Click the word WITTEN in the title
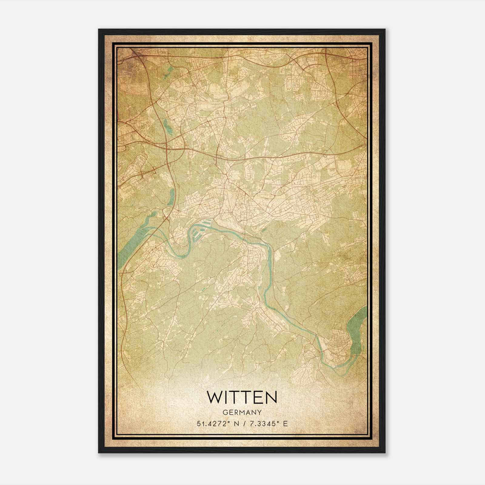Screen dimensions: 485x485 [242, 397]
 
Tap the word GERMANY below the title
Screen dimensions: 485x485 [242, 413]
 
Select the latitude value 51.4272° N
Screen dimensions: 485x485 [218, 424]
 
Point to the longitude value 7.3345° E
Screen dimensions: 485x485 [268, 424]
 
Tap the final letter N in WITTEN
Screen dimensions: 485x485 [271, 397]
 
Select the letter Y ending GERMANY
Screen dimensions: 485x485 [260, 413]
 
